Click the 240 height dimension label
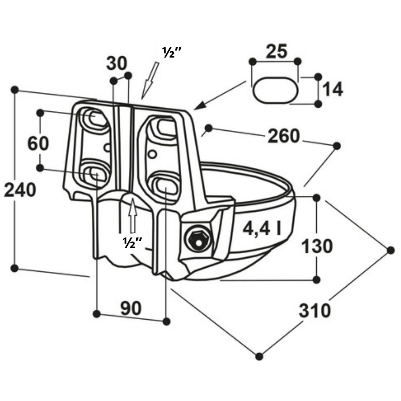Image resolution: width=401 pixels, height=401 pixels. point(20,190)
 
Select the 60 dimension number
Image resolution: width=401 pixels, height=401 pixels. point(38,143)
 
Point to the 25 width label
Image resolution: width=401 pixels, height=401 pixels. point(277,51)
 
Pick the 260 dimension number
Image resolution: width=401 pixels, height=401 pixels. point(284,136)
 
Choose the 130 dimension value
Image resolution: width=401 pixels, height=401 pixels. point(317,247)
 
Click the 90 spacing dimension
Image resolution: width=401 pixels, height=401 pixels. point(131,308)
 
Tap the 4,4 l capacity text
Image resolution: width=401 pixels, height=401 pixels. point(262,228)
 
